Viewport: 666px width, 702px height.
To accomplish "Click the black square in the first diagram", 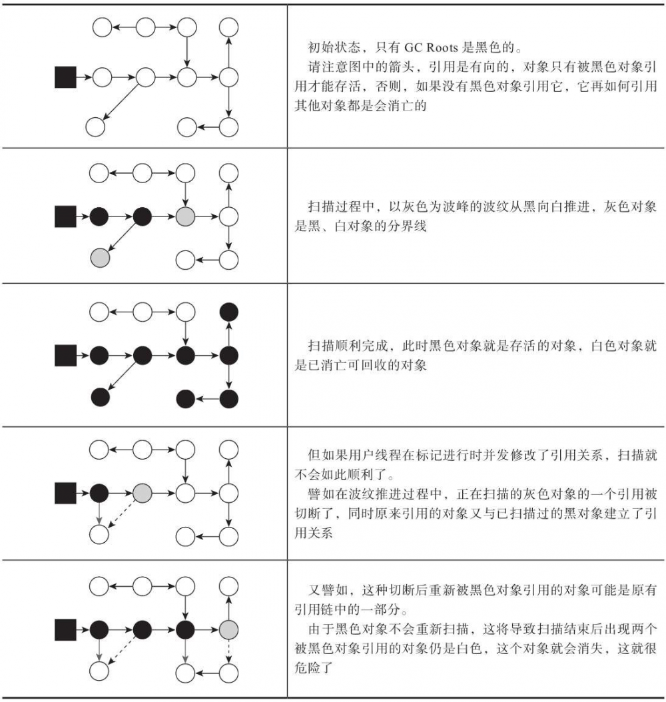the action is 65,77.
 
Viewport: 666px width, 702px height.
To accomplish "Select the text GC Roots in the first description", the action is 430,49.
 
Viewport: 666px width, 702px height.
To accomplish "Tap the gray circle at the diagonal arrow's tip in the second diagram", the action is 99,256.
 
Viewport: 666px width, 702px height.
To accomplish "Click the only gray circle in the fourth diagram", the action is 143,493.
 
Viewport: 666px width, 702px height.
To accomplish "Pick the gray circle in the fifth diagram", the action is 228,629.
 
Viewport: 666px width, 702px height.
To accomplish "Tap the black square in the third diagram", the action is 65,356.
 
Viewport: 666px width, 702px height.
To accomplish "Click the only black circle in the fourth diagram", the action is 99,493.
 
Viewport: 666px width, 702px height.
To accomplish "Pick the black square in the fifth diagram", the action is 65,629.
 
